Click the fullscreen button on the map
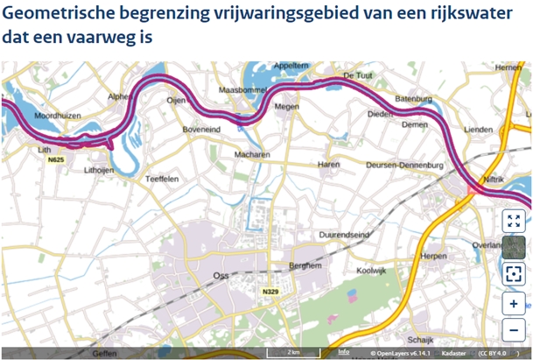point(513,221)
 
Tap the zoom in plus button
point(513,304)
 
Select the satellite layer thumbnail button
point(513,248)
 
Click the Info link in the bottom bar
point(344,352)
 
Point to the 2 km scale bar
point(295,352)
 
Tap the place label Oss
point(221,275)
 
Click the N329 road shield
point(270,291)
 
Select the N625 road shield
point(56,160)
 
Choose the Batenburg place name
point(412,98)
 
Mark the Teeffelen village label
point(162,179)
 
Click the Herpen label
point(433,256)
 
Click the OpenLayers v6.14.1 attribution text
point(403,353)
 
